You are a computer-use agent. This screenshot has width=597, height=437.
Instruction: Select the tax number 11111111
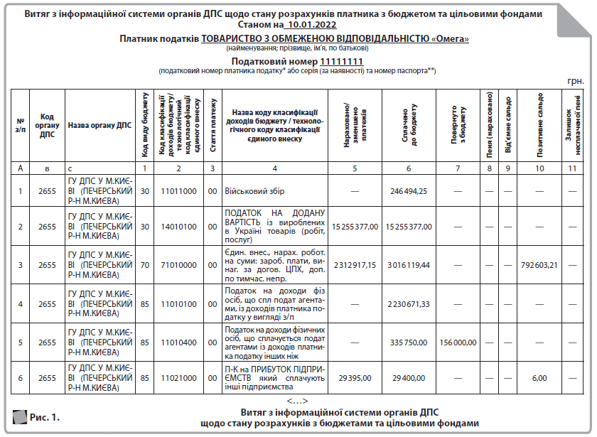pyautogui.click(x=342, y=62)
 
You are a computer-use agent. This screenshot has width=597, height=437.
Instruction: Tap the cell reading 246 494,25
pyautogui.click(x=409, y=190)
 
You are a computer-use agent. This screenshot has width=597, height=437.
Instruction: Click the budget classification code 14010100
pyautogui.click(x=178, y=227)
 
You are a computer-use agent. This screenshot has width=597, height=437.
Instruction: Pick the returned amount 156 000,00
pyautogui.click(x=458, y=342)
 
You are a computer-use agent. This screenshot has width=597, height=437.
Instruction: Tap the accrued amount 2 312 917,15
pyautogui.click(x=354, y=265)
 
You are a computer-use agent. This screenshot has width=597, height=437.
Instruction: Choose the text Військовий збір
pyautogui.click(x=257, y=190)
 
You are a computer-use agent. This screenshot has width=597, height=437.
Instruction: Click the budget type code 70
pyautogui.click(x=144, y=265)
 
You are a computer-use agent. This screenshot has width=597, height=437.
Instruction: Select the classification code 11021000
pyautogui.click(x=178, y=377)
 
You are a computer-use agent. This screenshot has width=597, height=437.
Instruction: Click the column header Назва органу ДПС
pyautogui.click(x=99, y=125)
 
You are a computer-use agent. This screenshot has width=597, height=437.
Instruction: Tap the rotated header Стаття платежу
pyautogui.click(x=213, y=125)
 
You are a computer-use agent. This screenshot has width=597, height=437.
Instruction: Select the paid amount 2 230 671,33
pyautogui.click(x=409, y=304)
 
